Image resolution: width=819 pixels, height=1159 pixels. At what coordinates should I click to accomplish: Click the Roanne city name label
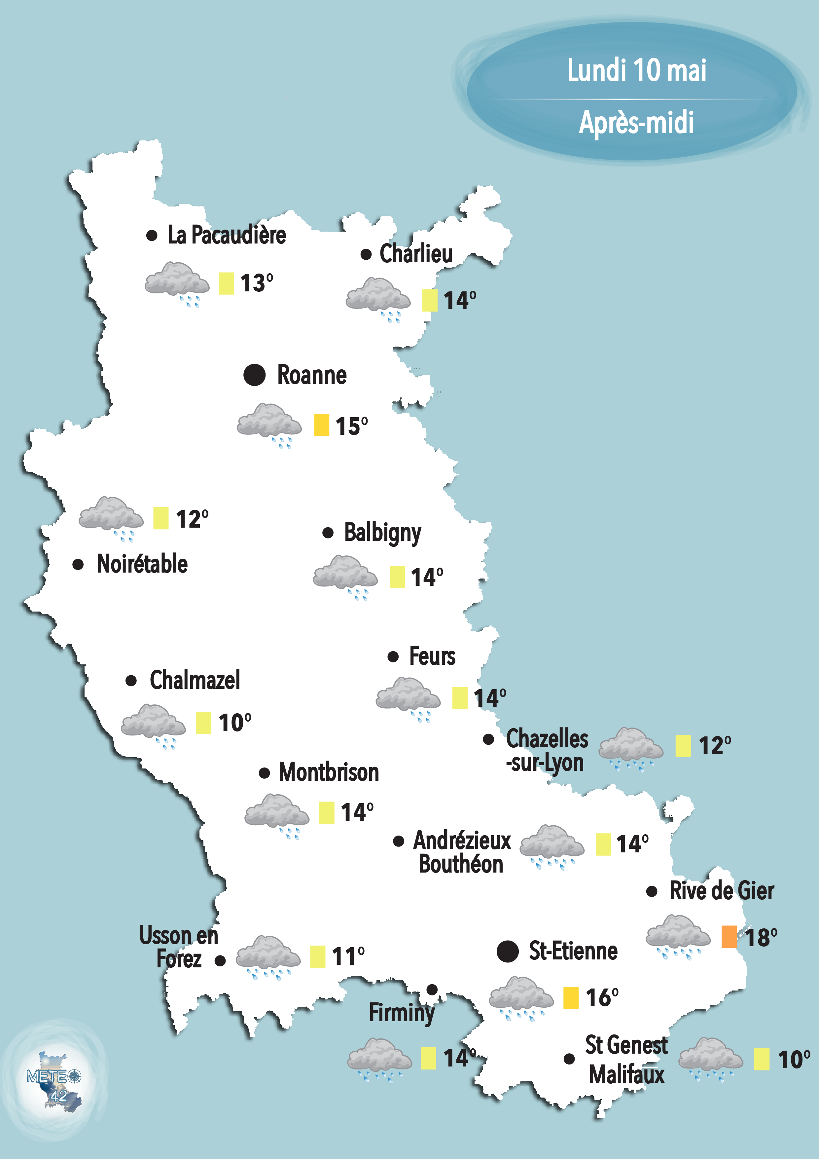(x=312, y=375)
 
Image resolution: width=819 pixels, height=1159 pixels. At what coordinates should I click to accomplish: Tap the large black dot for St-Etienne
(x=507, y=952)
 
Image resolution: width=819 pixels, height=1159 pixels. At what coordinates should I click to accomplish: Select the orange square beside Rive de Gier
(x=729, y=936)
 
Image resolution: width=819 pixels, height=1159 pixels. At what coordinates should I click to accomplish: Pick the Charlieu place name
(x=416, y=253)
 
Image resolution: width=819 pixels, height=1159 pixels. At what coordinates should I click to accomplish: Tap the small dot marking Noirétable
(x=78, y=564)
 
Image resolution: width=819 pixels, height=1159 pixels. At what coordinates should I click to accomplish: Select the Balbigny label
(x=382, y=533)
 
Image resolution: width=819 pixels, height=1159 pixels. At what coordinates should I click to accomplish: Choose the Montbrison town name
(x=329, y=772)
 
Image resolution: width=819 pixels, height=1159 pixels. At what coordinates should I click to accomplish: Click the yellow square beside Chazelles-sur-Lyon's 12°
(x=683, y=746)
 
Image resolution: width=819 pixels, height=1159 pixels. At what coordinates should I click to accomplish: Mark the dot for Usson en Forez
(x=220, y=961)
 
